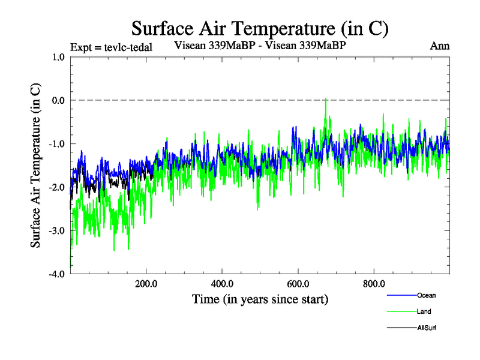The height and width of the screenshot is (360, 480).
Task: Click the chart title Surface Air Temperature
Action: pyautogui.click(x=260, y=28)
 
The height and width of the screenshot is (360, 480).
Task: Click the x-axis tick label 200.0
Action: pyautogui.click(x=146, y=284)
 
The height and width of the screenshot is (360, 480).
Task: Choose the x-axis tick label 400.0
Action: pyautogui.click(x=222, y=284)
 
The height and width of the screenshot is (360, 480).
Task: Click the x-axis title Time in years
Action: pyautogui.click(x=260, y=299)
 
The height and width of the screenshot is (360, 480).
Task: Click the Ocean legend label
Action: pyautogui.click(x=426, y=295)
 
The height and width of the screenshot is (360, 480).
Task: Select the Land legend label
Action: pyautogui.click(x=424, y=311)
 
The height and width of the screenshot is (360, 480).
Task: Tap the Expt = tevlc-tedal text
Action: pyautogui.click(x=110, y=47)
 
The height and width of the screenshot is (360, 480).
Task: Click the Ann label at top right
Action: pyautogui.click(x=440, y=46)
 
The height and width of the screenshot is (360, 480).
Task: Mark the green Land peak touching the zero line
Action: pyautogui.click(x=325, y=100)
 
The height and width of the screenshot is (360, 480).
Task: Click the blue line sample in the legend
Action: pyautogui.click(x=400, y=295)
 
